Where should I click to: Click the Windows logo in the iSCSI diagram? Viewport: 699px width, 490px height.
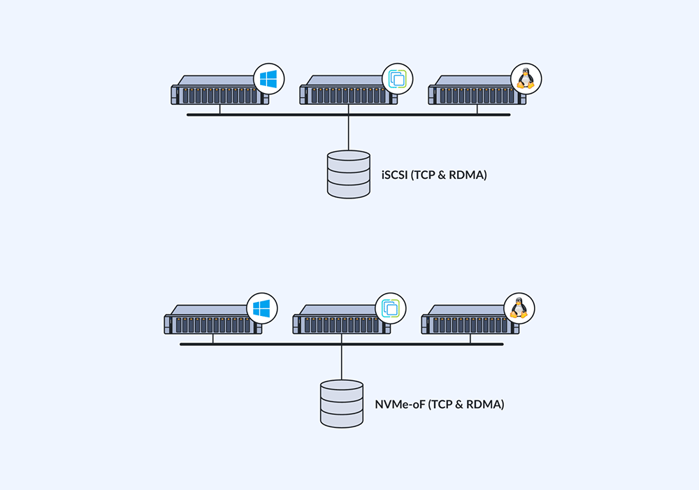[x=267, y=79]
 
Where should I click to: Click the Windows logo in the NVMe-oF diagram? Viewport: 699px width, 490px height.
[x=261, y=308]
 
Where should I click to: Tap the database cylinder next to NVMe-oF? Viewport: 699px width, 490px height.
[x=341, y=403]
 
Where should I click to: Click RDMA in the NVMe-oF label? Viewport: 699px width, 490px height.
[x=484, y=404]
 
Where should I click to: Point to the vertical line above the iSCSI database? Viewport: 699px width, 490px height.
[x=348, y=133]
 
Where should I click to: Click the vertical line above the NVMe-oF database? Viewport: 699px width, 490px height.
[x=341, y=362]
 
